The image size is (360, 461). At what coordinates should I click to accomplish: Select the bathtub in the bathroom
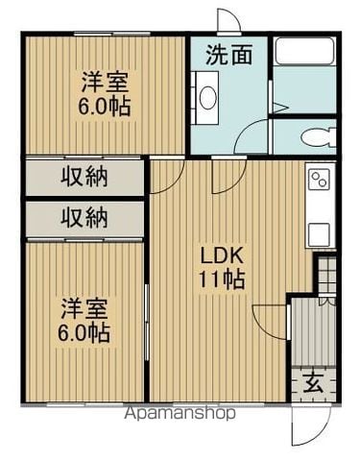pos(305,51)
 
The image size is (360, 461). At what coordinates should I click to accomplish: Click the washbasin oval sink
pos(208,97)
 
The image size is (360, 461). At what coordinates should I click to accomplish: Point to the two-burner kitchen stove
pos(320,180)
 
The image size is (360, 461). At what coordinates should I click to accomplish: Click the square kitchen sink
pos(319,233)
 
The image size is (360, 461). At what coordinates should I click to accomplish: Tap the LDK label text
pos(222,255)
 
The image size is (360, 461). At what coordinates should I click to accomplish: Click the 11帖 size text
pos(222,279)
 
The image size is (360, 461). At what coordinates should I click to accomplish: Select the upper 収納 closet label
pos(84,177)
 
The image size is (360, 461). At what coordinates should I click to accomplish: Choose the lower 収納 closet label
pos(84,218)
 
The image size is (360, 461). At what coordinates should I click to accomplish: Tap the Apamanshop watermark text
pos(180,413)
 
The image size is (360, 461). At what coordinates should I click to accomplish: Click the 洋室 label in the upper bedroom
pos(105,84)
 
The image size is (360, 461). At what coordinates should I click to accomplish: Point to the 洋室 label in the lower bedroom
pos(84,309)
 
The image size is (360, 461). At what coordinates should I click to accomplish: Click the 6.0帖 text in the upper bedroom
pos(105,107)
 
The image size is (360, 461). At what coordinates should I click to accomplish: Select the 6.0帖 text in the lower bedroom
pos(84,333)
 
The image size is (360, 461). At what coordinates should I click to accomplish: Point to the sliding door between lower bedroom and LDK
pos(147,323)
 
